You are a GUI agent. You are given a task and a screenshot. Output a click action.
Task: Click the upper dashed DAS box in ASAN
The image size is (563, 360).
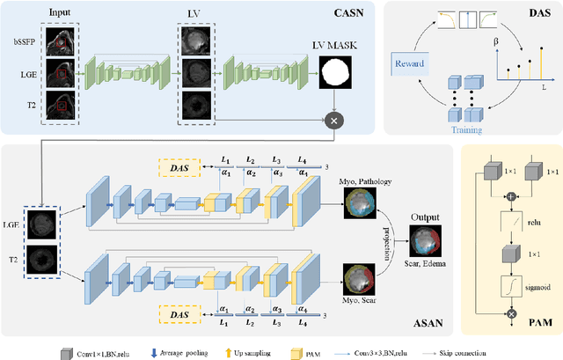pyautogui.click(x=180, y=169)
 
